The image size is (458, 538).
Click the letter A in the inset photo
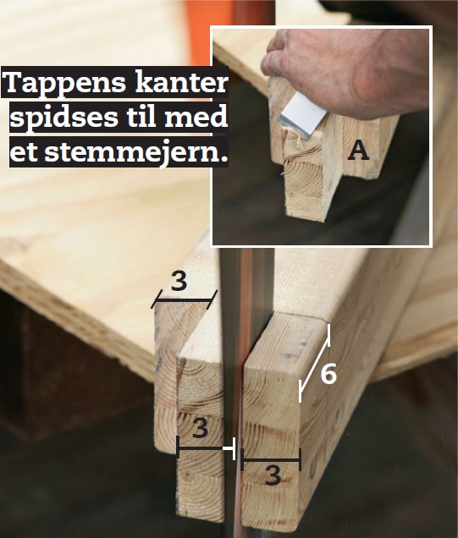click(359, 151)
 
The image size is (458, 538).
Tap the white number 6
click(328, 373)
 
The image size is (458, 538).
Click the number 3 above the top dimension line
click(179, 282)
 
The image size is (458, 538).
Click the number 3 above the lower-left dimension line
click(199, 428)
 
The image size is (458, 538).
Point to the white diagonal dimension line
click(314, 363)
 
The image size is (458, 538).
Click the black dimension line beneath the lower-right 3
click(271, 461)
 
